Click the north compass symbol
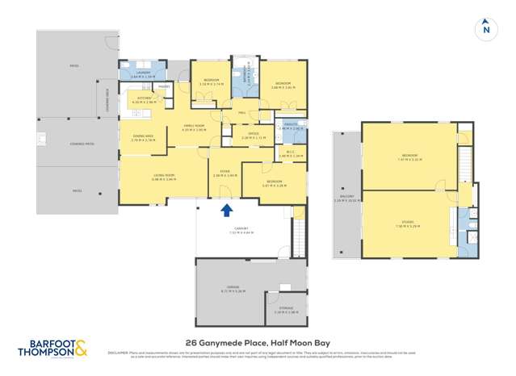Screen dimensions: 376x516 point(485,30)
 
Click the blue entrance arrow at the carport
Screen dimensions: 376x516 point(228,210)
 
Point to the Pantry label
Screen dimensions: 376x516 point(163,85)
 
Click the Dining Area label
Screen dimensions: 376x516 point(144,136)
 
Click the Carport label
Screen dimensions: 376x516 point(242,229)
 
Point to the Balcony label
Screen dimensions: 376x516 point(344,200)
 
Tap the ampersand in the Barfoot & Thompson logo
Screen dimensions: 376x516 point(82,350)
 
